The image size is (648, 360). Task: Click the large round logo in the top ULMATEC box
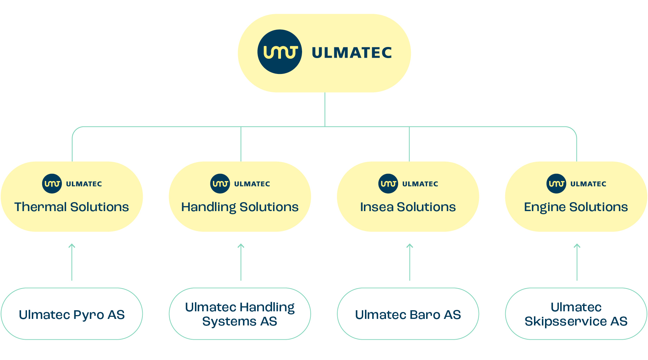click(x=280, y=52)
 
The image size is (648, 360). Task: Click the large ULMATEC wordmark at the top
click(x=351, y=53)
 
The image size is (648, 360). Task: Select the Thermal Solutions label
click(x=72, y=207)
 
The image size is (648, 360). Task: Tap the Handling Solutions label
click(x=240, y=207)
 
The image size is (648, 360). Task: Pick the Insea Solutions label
click(x=408, y=207)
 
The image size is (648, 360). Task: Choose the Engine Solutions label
click(x=576, y=207)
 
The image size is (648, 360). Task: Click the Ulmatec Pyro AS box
click(x=72, y=314)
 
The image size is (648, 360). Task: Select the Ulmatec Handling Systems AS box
click(x=240, y=314)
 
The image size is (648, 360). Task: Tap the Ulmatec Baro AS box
click(x=408, y=314)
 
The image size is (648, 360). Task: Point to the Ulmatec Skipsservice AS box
click(x=576, y=314)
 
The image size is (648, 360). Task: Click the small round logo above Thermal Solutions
click(x=52, y=183)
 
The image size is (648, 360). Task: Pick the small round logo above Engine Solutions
click(x=556, y=183)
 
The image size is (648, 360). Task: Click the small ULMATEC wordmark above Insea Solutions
click(x=420, y=184)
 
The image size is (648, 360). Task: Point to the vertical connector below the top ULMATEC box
click(x=325, y=109)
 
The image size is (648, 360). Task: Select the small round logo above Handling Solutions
click(x=220, y=183)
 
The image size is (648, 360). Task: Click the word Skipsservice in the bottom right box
click(x=566, y=321)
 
